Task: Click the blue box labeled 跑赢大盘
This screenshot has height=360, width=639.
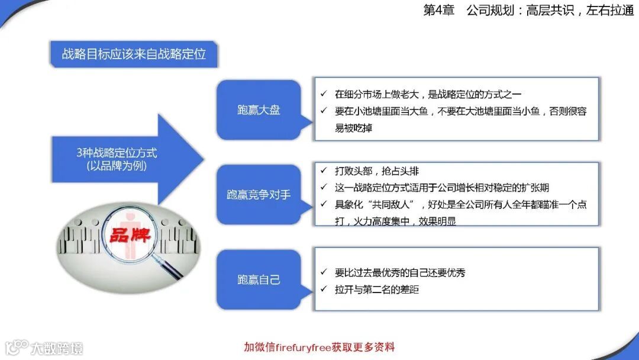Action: click(259, 110)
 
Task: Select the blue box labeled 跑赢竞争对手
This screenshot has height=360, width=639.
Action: click(259, 194)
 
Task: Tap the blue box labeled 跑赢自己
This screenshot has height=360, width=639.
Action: click(259, 279)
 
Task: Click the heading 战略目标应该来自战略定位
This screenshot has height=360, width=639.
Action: click(134, 54)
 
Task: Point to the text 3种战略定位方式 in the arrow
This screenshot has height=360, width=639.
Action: click(117, 153)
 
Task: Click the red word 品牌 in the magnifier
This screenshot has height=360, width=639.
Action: click(129, 234)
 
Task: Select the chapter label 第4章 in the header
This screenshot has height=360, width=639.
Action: click(438, 11)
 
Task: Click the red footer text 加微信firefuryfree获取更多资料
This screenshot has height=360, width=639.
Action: click(319, 347)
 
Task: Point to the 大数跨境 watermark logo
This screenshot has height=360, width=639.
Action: click(44, 348)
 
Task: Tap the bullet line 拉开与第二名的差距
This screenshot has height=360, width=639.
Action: click(376, 290)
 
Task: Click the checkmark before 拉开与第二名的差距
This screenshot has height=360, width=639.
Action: click(323, 290)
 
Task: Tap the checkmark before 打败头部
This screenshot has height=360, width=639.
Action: click(323, 171)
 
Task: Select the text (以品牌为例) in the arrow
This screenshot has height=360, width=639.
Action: click(117, 166)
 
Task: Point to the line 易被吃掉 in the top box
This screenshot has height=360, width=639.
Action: click(353, 128)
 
